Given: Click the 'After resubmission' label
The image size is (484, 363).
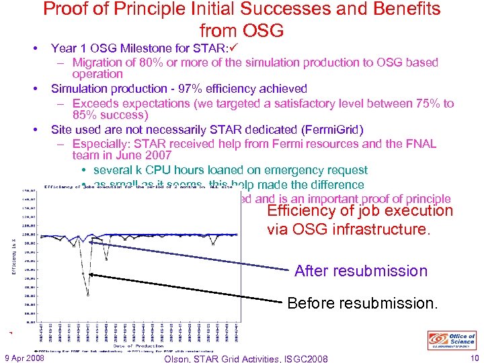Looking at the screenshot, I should coord(360,271).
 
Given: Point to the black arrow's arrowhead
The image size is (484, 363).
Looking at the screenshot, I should coord(89,274).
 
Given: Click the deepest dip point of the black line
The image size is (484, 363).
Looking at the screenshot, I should coord(87,295).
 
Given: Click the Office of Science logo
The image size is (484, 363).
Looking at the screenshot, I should coord(452,340).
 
